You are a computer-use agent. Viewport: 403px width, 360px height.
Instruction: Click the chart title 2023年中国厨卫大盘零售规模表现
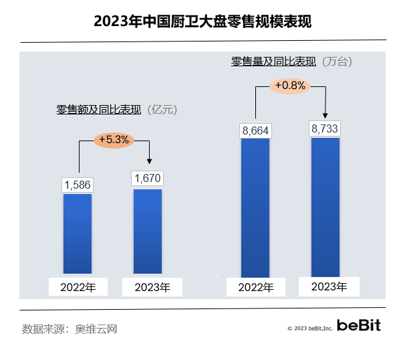tap(202, 21)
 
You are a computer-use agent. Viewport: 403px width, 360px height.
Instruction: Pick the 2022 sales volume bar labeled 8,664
tap(255, 207)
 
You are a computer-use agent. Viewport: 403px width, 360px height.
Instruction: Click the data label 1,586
tap(78, 185)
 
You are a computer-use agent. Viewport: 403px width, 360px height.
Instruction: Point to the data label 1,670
tap(148, 179)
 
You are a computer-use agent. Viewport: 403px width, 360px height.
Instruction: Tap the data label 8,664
tap(255, 130)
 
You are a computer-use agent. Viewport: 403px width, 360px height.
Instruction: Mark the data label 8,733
tap(325, 128)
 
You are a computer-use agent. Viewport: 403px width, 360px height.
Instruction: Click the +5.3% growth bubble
tap(114, 140)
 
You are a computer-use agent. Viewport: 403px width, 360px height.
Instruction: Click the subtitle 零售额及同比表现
tap(99, 109)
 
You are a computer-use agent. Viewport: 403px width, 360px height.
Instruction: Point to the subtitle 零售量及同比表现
tap(274, 61)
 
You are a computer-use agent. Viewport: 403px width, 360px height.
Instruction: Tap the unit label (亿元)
tap(164, 109)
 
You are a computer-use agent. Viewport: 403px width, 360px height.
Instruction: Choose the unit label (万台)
tap(336, 61)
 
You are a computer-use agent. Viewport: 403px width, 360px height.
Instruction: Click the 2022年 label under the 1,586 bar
tap(78, 288)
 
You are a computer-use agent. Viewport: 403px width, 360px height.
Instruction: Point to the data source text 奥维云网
tap(96, 329)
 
